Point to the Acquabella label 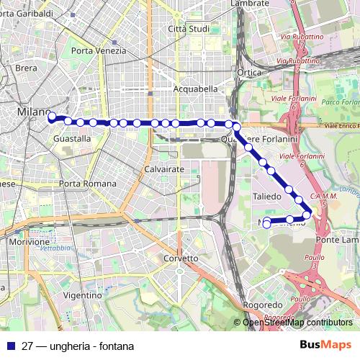tap(195, 89)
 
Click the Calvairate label tap(164, 168)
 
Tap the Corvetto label tap(181, 258)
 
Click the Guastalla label tap(72, 138)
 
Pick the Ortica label tap(248, 73)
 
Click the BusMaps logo tap(325, 345)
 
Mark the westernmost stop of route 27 tap(52, 115)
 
